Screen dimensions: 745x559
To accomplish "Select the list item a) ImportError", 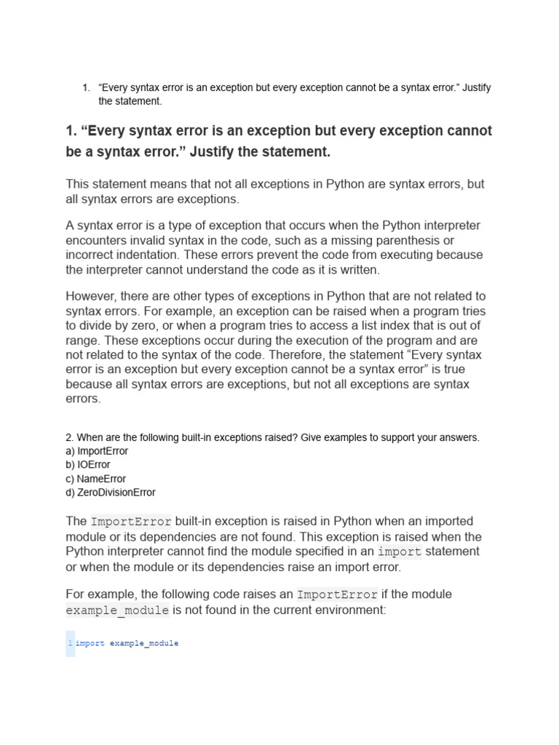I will [x=97, y=451].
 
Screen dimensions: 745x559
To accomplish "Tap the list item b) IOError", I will [x=88, y=465].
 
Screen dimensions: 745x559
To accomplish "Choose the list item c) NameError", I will [x=95, y=479].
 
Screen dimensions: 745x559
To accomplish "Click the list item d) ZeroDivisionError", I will [x=111, y=493].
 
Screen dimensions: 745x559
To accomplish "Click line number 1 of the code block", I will [x=70, y=644].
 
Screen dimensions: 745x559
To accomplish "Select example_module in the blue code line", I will [x=144, y=644].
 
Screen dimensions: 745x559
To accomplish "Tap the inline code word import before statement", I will [x=400, y=552].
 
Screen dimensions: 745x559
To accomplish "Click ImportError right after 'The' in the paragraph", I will [x=131, y=522].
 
